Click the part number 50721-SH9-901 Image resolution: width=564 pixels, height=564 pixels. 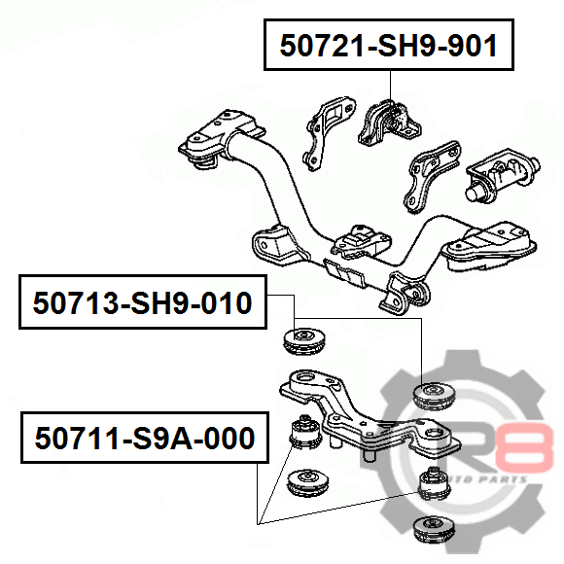click(x=388, y=46)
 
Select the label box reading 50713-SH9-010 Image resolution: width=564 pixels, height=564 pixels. click(x=143, y=301)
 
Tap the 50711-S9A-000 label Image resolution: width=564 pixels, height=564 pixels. click(x=145, y=438)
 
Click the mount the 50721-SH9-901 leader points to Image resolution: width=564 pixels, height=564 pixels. click(x=389, y=123)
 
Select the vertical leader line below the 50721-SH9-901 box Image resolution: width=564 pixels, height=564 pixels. click(x=390, y=85)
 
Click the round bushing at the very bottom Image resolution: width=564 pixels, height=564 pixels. click(x=434, y=529)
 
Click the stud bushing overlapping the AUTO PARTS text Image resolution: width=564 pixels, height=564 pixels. click(x=435, y=483)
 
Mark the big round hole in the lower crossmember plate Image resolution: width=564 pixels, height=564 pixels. click(x=305, y=378)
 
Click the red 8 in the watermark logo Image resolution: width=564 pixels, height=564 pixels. click(x=524, y=447)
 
